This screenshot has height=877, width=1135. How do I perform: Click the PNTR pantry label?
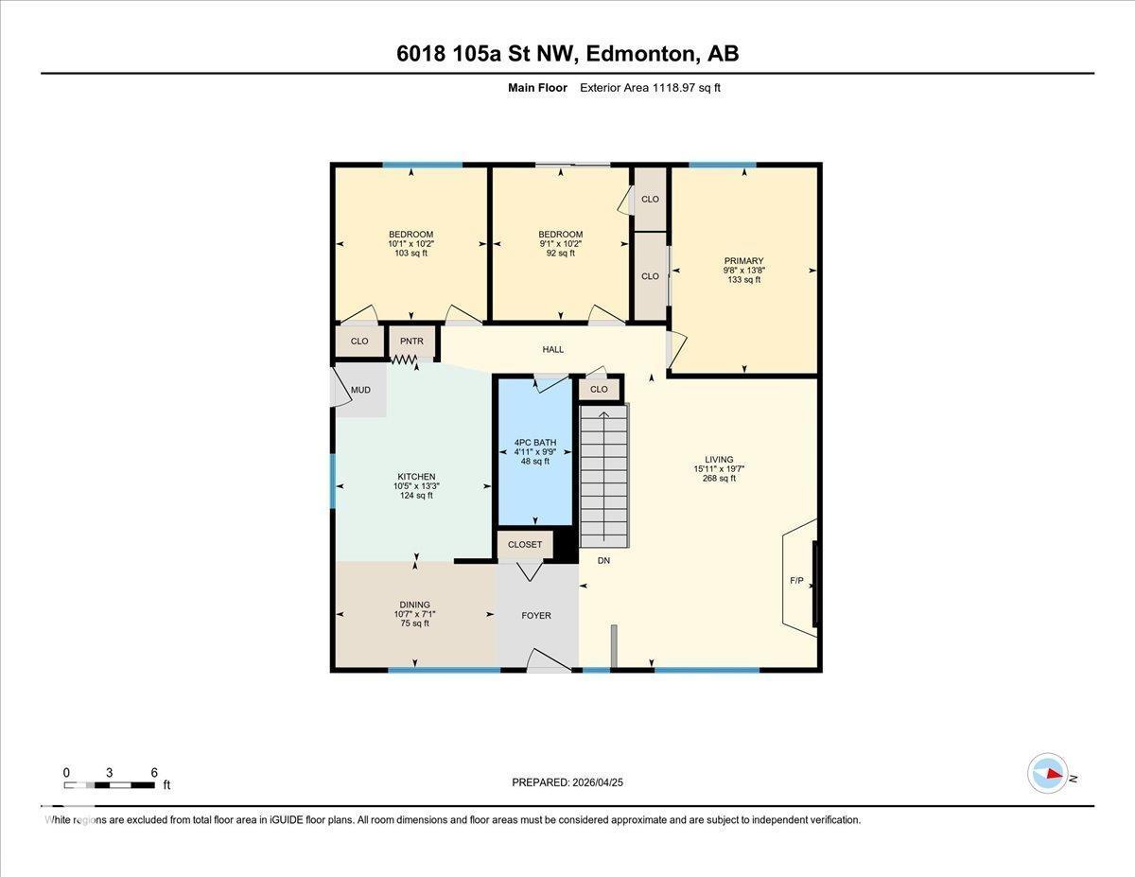(411, 342)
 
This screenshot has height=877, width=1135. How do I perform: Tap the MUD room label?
(360, 390)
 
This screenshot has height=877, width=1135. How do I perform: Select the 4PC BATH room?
(535, 451)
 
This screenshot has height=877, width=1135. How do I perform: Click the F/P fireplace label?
(796, 580)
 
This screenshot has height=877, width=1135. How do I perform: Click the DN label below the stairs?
(603, 561)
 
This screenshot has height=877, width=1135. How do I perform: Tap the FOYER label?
(536, 616)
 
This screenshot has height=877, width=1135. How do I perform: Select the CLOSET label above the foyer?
(525, 544)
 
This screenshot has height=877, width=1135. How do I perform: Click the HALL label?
(553, 349)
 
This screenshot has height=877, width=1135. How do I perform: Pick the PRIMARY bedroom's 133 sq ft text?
(744, 279)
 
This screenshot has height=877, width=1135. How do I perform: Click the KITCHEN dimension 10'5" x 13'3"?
(416, 486)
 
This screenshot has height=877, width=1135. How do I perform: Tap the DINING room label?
(414, 605)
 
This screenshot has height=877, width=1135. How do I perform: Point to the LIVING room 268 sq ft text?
(719, 479)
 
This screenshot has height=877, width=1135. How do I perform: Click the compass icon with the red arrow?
(1048, 774)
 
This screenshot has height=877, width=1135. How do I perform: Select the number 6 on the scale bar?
(154, 772)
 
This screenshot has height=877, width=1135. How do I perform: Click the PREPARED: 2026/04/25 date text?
(567, 782)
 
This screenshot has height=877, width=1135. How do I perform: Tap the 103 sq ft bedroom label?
(410, 253)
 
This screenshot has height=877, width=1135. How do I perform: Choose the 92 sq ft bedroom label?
(560, 253)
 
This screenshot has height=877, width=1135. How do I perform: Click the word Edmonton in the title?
(639, 54)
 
